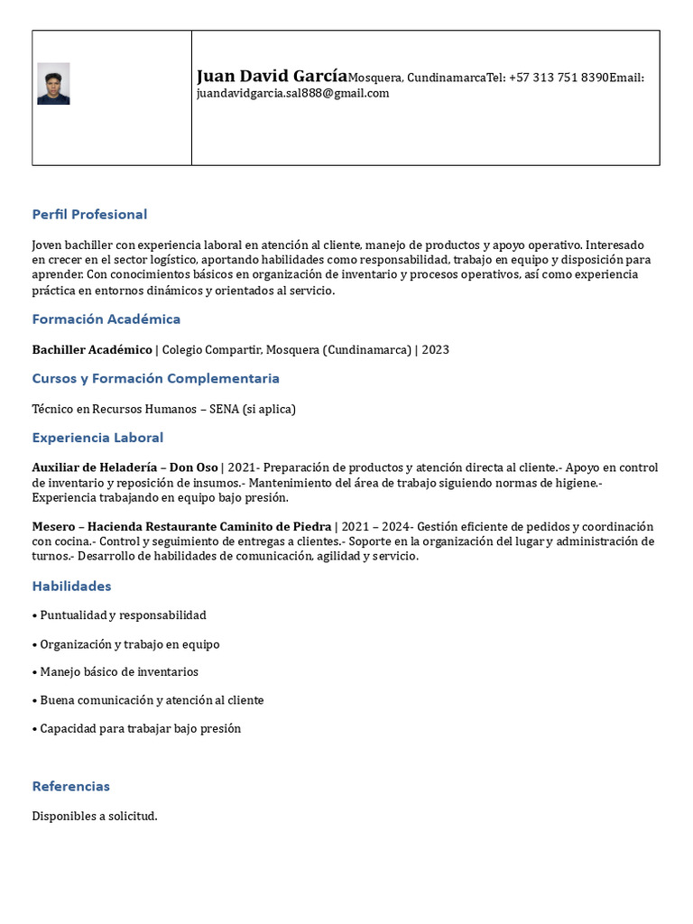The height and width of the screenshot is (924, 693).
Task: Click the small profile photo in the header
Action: [53, 84]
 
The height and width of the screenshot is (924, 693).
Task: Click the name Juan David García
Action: [272, 77]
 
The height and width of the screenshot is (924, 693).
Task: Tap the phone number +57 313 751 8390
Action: [559, 79]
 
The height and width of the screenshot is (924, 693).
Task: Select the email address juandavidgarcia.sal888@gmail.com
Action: [292, 93]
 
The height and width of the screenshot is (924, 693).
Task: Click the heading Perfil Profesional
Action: [89, 215]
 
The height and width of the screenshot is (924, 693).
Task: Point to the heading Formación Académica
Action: [106, 319]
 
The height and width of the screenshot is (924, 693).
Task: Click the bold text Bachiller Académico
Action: [92, 350]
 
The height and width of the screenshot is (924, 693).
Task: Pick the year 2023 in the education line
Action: [435, 350]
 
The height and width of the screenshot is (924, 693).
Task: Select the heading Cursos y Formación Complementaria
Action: [155, 379]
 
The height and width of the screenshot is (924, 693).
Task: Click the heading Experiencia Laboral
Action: [97, 439]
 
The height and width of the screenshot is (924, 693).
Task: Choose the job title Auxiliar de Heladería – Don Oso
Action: [125, 467]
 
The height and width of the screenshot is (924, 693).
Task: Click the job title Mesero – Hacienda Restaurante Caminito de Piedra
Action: [181, 527]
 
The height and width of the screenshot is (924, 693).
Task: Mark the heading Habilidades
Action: [71, 587]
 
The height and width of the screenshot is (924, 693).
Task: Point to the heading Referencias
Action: [70, 787]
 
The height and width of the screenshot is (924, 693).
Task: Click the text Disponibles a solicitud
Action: [95, 817]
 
